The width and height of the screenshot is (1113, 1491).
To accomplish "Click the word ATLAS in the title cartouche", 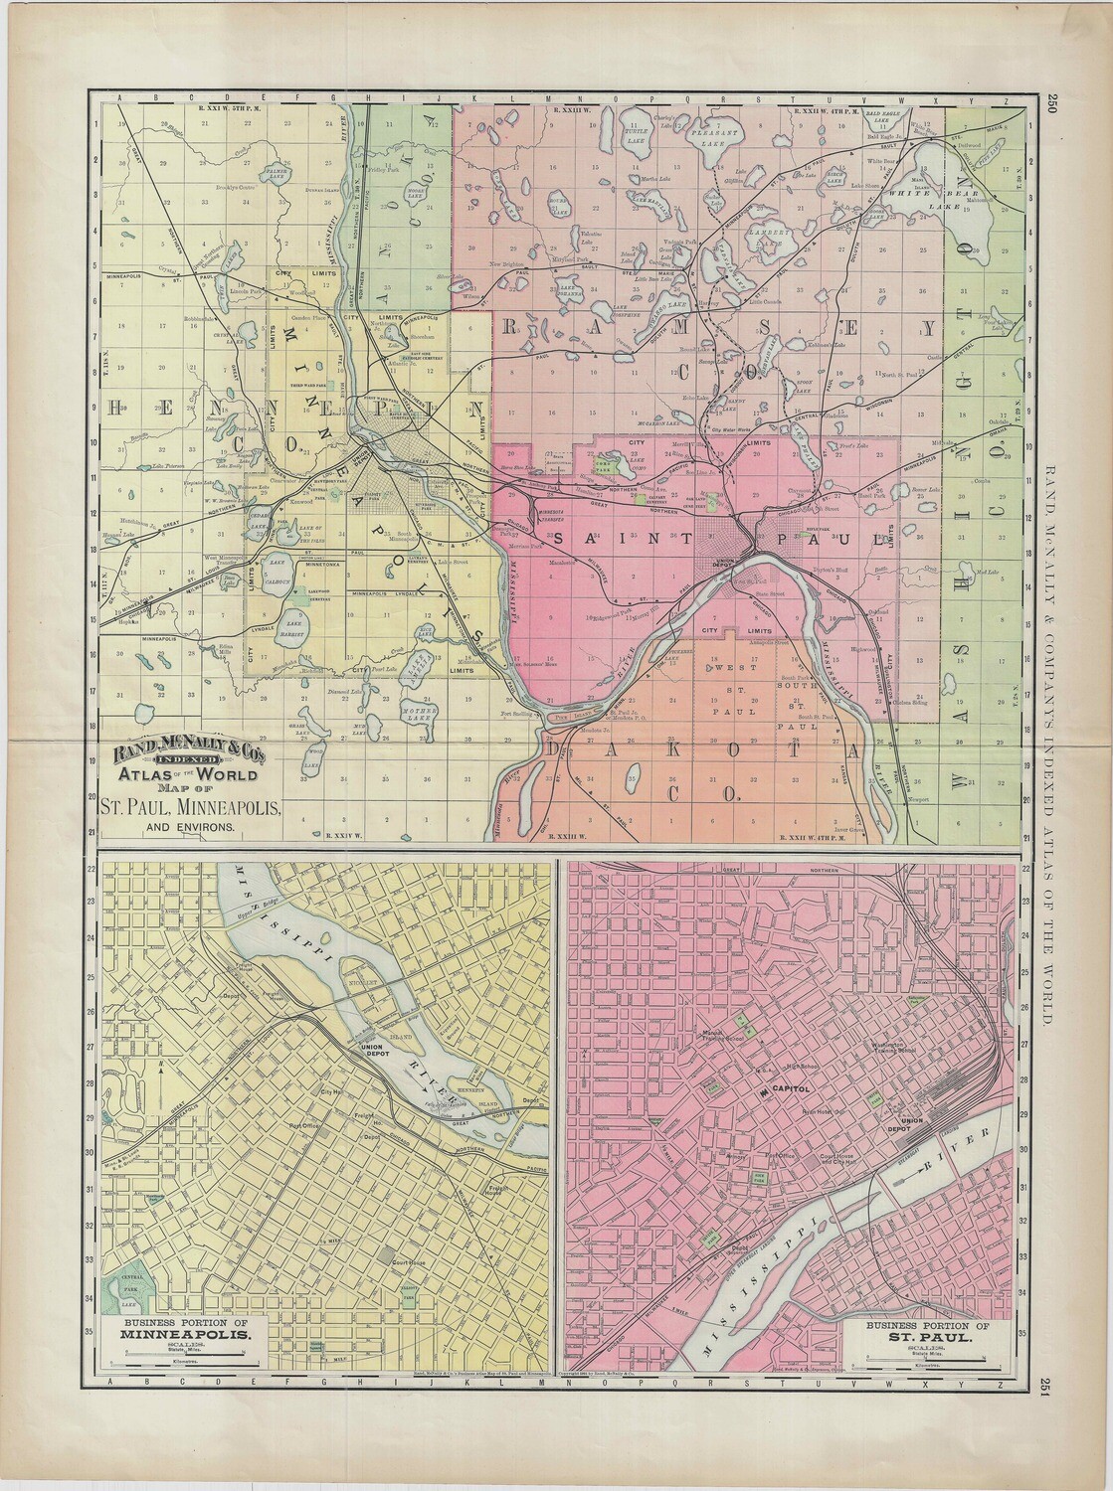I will (146, 775).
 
